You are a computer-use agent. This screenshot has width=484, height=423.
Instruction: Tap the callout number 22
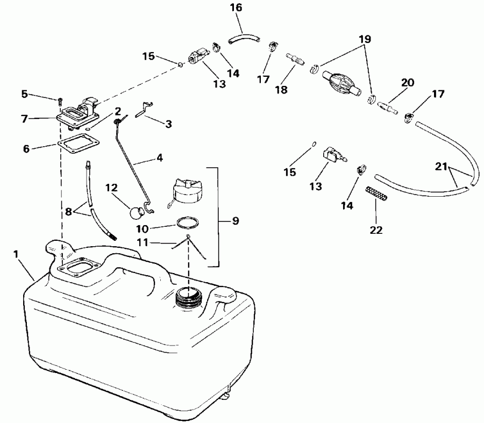tap(376, 230)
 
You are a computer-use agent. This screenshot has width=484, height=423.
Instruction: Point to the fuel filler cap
tap(184, 191)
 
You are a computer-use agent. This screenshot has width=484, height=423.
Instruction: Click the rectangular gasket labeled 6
tap(79, 144)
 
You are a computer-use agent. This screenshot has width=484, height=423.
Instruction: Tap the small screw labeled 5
tap(60, 101)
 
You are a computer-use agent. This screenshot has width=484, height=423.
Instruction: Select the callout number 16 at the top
tap(236, 8)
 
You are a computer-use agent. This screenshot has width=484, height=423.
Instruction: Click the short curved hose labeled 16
tap(244, 39)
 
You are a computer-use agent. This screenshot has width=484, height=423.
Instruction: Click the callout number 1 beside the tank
tap(16, 254)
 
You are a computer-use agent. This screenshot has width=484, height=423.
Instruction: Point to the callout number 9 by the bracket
tap(236, 221)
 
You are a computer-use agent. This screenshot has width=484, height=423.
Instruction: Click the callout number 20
tap(408, 83)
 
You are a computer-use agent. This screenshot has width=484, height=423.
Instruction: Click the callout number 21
tap(441, 167)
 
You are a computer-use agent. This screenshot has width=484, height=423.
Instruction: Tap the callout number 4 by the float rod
tap(159, 158)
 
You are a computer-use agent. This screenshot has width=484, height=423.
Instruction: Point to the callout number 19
tap(365, 39)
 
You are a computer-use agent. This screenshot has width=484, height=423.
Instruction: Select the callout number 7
tap(25, 119)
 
